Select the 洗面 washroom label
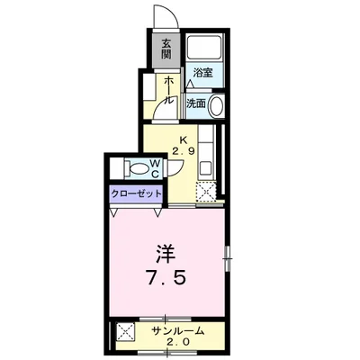pyautogui.click(x=195, y=103)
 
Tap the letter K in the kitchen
pyautogui.click(x=184, y=139)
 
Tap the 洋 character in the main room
pyautogui.click(x=166, y=248)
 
